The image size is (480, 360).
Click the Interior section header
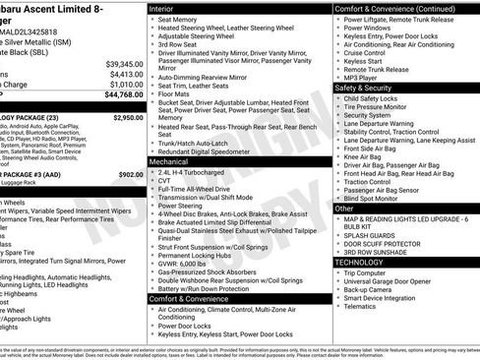(163, 8)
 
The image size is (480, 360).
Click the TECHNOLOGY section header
(360, 263)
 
